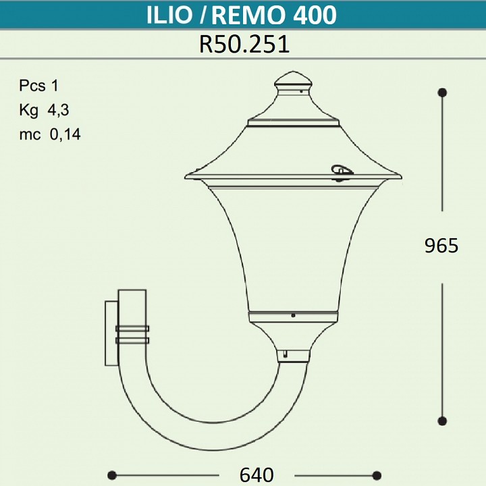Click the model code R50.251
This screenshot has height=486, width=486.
pyautogui.click(x=244, y=44)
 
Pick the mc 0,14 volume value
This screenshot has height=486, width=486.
pyautogui.click(x=50, y=134)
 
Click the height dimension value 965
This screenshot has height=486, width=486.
pyautogui.click(x=441, y=246)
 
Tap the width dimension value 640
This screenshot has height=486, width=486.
pyautogui.click(x=256, y=475)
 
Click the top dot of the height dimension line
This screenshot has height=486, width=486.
pyautogui.click(x=442, y=92)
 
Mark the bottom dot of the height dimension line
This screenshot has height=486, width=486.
pyautogui.click(x=442, y=421)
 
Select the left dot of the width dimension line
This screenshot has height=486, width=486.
pyautogui.click(x=112, y=475)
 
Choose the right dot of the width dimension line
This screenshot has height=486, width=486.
pyautogui.click(x=377, y=475)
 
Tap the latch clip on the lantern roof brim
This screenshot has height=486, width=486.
pyautogui.click(x=341, y=171)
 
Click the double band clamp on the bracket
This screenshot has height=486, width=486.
pyautogui.click(x=132, y=334)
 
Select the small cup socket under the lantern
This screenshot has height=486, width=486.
pyautogui.click(x=293, y=355)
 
